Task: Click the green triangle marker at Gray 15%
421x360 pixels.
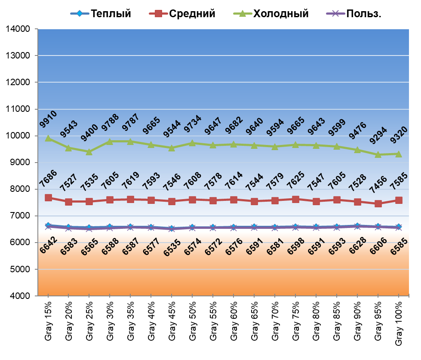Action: click(49, 138)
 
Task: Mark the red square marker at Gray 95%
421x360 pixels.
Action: click(378, 203)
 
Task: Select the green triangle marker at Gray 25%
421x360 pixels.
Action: click(89, 152)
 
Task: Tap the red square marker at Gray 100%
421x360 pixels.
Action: click(399, 200)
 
